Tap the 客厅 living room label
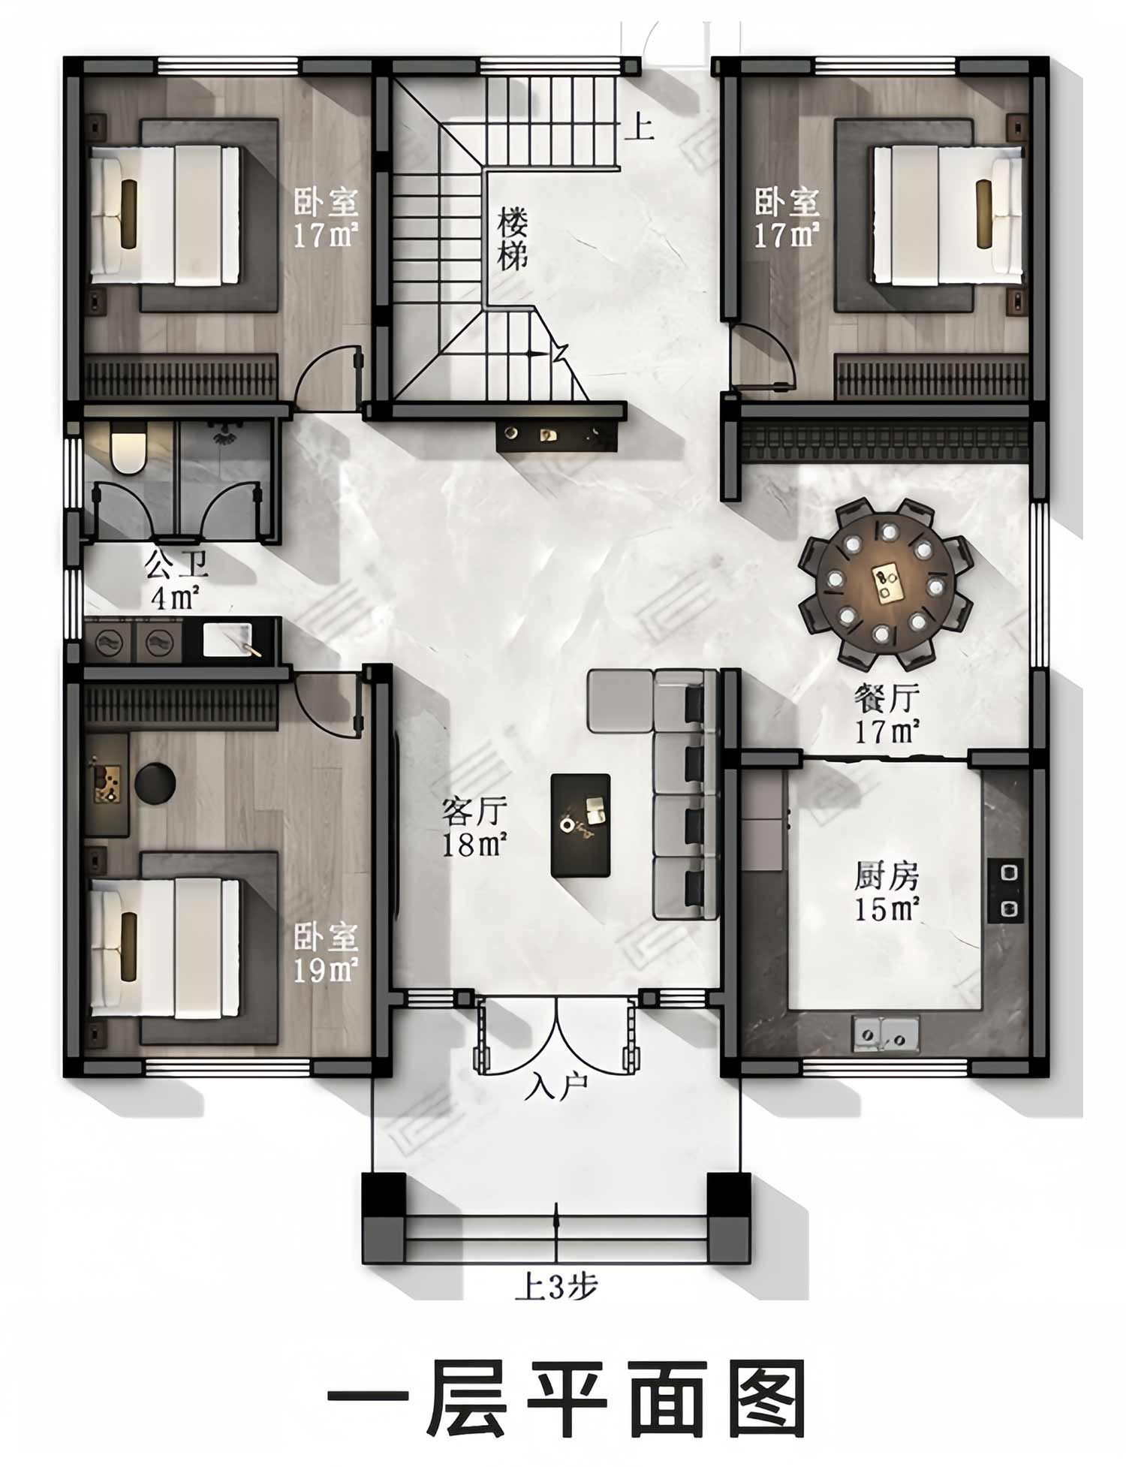(474, 812)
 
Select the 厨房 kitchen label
(887, 875)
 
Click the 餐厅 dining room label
(887, 698)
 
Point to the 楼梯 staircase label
(513, 239)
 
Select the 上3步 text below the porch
(555, 1287)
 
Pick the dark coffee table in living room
(580, 825)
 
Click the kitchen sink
(886, 1033)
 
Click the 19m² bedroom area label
(325, 971)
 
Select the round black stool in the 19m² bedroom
(155, 783)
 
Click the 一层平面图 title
(567, 1398)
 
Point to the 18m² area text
(474, 845)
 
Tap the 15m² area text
(887, 909)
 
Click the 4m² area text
(176, 598)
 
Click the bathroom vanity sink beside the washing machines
(231, 640)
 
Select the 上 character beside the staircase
(639, 126)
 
